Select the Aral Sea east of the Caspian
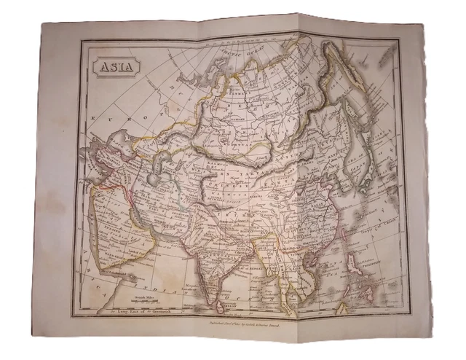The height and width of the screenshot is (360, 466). tap(165, 157)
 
